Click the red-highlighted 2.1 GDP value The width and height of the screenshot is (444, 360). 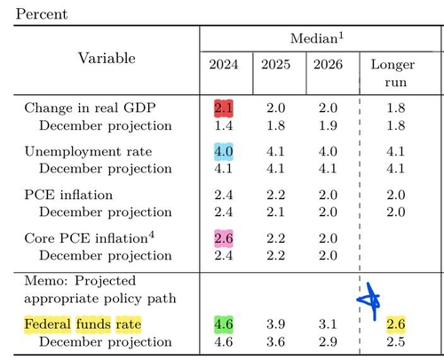[224, 108]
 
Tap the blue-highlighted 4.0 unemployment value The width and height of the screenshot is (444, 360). [224, 152]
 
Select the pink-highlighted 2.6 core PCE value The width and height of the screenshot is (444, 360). [224, 238]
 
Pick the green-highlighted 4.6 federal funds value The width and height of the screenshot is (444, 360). [224, 324]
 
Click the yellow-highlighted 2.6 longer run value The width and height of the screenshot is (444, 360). [396, 324]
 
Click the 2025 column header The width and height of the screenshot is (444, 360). [275, 65]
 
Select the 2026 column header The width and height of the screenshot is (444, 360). [328, 65]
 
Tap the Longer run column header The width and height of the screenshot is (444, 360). [393, 73]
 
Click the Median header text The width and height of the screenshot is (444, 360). [317, 38]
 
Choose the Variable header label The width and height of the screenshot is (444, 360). [107, 58]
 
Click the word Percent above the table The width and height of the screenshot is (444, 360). [42, 14]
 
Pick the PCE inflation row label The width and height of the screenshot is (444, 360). [68, 195]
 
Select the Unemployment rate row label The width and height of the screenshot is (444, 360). [88, 151]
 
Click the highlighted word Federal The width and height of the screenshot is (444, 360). [47, 324]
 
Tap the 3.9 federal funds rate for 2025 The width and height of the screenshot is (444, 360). [275, 324]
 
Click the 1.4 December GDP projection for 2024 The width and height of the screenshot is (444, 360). [224, 126]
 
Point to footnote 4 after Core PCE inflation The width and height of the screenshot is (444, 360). [151, 235]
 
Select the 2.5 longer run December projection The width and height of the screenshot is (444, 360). [396, 342]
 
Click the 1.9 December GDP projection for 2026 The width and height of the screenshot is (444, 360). [328, 126]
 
